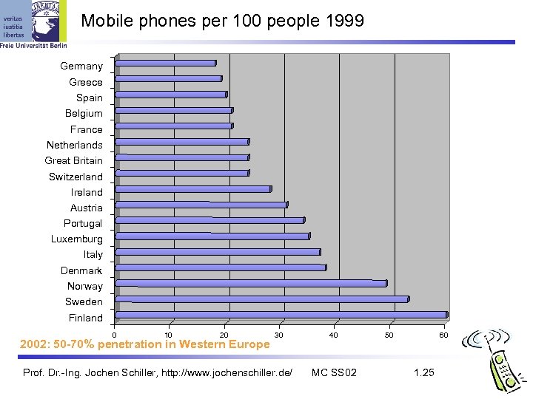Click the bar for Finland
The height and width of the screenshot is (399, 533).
click(281, 315)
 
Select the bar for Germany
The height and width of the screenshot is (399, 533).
click(166, 64)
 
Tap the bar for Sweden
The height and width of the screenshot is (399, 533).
click(262, 299)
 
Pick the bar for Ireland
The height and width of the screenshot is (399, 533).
click(193, 189)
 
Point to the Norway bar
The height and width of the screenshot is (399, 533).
click(251, 283)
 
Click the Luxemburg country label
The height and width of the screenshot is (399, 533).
click(77, 239)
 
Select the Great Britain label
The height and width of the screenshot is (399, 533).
click(74, 160)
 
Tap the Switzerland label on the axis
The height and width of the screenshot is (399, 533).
click(76, 177)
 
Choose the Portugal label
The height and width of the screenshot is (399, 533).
click(84, 223)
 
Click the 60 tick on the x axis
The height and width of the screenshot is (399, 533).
click(443, 335)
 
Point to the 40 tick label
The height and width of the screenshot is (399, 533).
click(334, 335)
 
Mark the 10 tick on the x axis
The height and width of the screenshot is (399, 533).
click(169, 335)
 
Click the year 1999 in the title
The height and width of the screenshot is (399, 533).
click(344, 21)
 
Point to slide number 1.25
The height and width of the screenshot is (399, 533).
click(424, 372)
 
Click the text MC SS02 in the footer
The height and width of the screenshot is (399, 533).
click(334, 372)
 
